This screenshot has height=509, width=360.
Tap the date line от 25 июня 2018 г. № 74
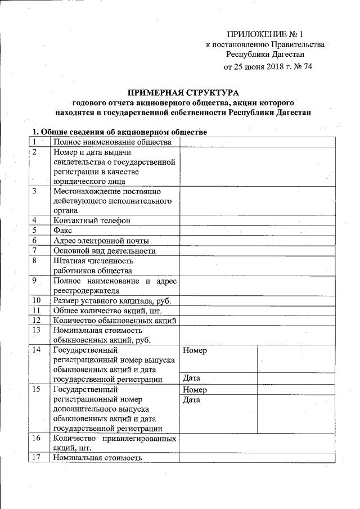(268, 67)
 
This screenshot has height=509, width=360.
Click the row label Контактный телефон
(92, 220)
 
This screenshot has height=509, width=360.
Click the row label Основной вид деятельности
(104, 250)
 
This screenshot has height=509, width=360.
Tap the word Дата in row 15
(192, 400)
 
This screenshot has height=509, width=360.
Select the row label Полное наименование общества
(112, 142)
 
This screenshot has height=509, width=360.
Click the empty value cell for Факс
(257, 230)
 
